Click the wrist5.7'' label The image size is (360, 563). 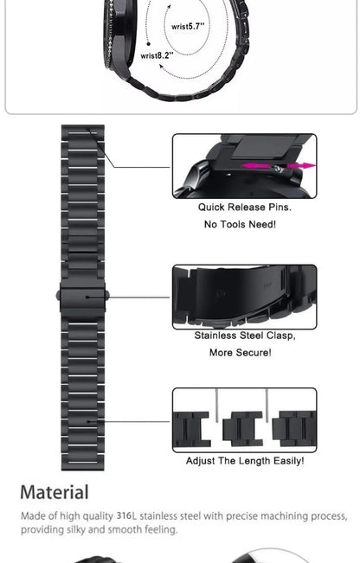pyautogui.click(x=188, y=26)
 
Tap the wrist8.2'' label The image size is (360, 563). pyautogui.click(x=157, y=55)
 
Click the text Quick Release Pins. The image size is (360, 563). pyautogui.click(x=245, y=208)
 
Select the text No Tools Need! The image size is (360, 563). pyautogui.click(x=240, y=225)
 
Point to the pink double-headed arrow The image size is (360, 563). pyautogui.click(x=279, y=166)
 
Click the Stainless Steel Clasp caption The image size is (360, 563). pyautogui.click(x=245, y=336)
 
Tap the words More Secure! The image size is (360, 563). pyautogui.click(x=240, y=353)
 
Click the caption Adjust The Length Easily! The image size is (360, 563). pyautogui.click(x=245, y=461)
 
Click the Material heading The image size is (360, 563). pyautogui.click(x=55, y=493)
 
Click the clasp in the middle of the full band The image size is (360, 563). pyautogui.click(x=83, y=296)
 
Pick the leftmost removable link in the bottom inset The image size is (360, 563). pyautogui.click(x=193, y=429)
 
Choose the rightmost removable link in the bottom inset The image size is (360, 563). pyautogui.click(x=292, y=429)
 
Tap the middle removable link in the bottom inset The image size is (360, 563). pyautogui.click(x=242, y=429)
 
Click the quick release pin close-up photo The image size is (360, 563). pyautogui.click(x=244, y=165)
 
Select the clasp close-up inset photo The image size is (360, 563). pyautogui.click(x=244, y=297)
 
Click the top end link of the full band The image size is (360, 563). pyautogui.click(x=83, y=134)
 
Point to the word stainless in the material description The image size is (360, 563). pyautogui.click(x=159, y=516)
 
